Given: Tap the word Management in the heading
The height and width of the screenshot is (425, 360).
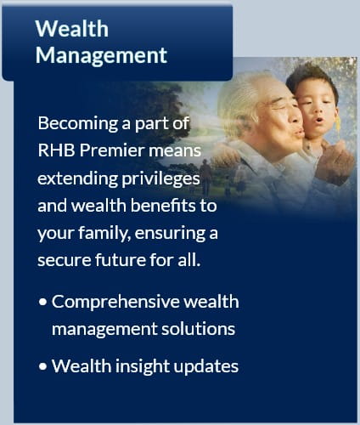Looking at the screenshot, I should pos(101,55).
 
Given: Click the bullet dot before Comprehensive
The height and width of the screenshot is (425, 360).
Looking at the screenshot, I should pos(42,302).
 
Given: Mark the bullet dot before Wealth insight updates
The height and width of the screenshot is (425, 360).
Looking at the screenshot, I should pos(42,366).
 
